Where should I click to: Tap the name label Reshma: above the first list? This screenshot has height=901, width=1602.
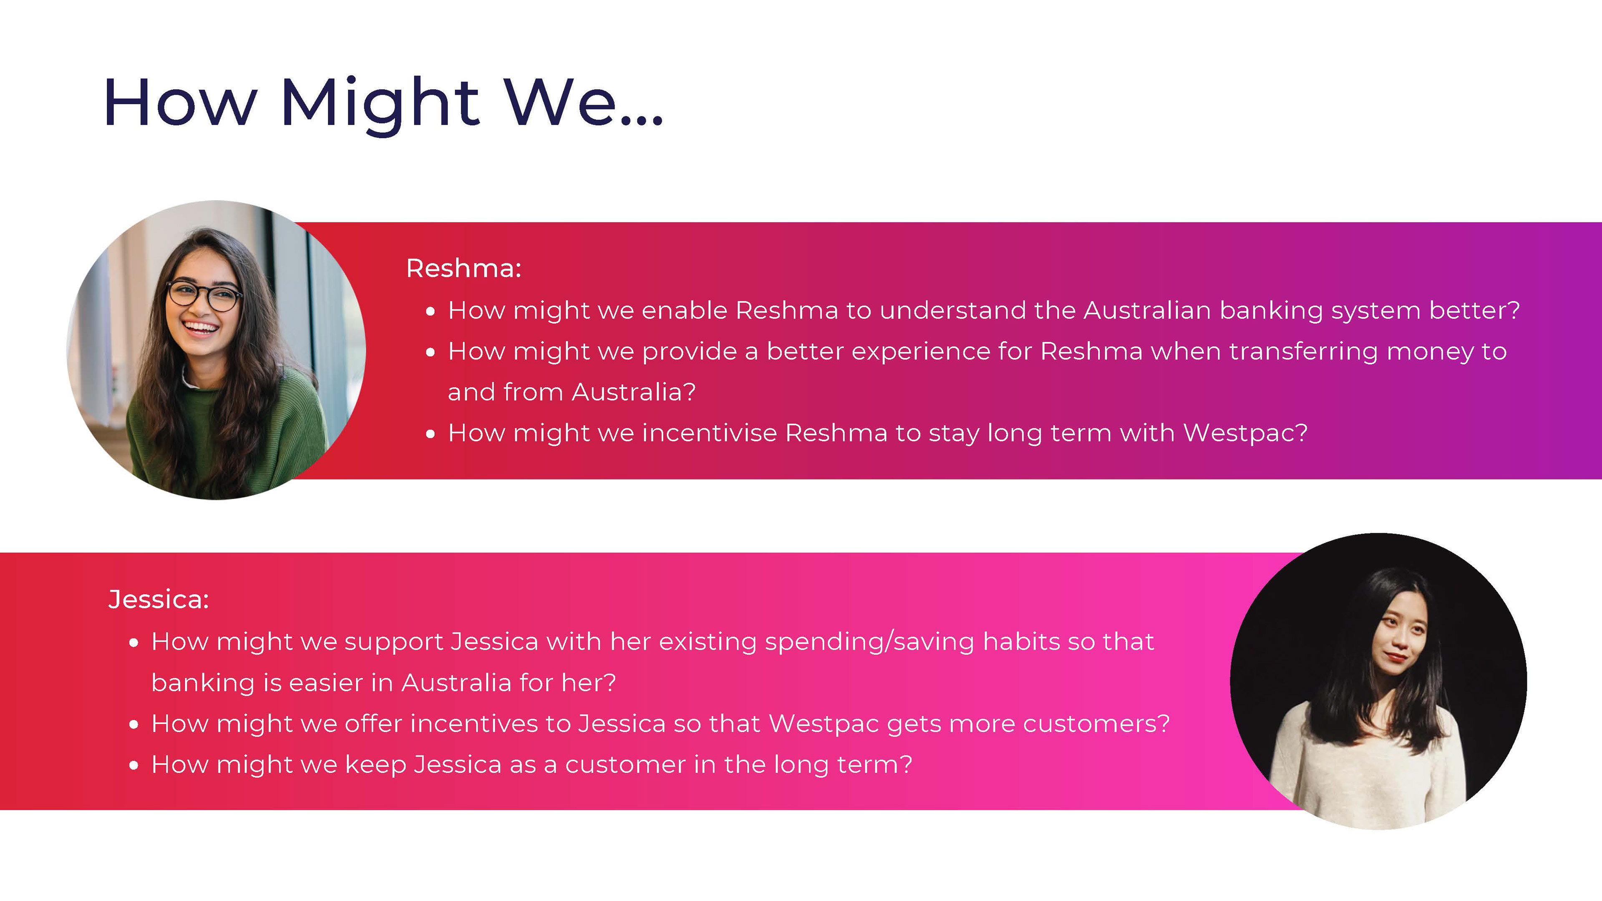click(463, 269)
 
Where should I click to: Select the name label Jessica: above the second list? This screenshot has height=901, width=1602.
click(159, 599)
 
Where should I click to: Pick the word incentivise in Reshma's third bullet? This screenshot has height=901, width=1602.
click(710, 433)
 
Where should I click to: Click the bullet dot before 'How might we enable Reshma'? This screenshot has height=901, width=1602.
click(431, 312)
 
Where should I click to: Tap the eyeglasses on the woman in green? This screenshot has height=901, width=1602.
click(204, 295)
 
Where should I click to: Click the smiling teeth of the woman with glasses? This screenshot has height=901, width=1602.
click(200, 327)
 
